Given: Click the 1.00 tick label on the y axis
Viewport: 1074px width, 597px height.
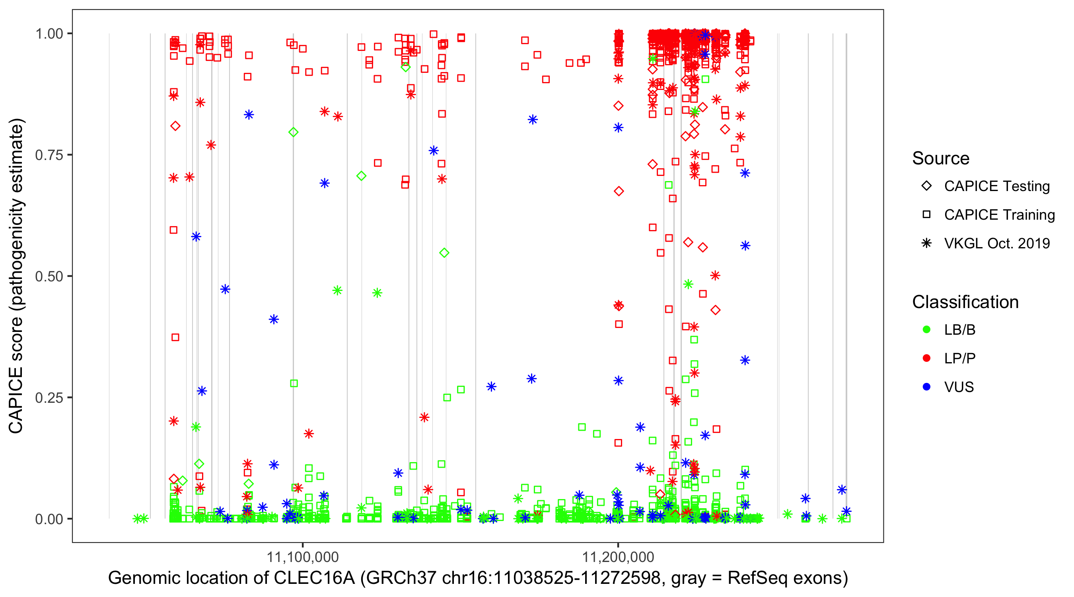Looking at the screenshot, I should pyautogui.click(x=49, y=33).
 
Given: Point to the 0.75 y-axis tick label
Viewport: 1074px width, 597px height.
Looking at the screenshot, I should pyautogui.click(x=49, y=155).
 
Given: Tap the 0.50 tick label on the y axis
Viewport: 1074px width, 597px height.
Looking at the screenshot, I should pyautogui.click(x=49, y=276).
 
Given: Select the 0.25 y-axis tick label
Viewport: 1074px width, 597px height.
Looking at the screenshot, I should pyautogui.click(x=49, y=398).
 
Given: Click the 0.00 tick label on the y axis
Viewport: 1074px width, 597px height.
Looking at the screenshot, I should pyautogui.click(x=49, y=519).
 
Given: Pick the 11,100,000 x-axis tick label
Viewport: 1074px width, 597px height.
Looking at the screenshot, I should pyautogui.click(x=303, y=556).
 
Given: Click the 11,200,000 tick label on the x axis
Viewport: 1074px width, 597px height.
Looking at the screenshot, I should pyautogui.click(x=618, y=556).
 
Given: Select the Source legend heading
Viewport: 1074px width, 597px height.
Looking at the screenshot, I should pyautogui.click(x=941, y=158).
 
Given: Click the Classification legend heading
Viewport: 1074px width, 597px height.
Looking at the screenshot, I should pyautogui.click(x=965, y=302).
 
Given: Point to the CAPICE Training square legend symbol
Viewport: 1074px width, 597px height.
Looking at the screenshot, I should pyautogui.click(x=926, y=215).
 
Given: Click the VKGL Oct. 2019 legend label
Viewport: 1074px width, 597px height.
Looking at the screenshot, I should pyautogui.click(x=997, y=244).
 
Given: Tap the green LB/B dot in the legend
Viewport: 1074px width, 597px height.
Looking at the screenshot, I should pyautogui.click(x=926, y=330).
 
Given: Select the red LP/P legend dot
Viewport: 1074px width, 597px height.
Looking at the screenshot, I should pyautogui.click(x=926, y=358).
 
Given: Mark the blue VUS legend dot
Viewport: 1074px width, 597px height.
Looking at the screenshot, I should pyautogui.click(x=926, y=387).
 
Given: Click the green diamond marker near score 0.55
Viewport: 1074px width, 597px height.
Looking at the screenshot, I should pyautogui.click(x=444, y=253).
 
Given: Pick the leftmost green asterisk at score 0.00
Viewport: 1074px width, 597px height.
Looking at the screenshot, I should pyautogui.click(x=137, y=519).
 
